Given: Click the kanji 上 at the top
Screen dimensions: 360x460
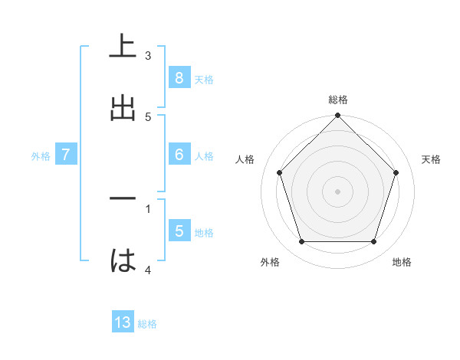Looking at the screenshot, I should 123,46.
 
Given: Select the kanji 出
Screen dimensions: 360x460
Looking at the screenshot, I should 123,108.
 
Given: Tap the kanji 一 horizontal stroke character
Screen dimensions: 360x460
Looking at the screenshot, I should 123,199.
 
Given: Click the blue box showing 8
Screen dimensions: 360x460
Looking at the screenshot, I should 179,78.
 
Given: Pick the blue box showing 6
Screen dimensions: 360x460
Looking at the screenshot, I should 179,155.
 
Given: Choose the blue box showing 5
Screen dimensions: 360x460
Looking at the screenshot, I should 179,231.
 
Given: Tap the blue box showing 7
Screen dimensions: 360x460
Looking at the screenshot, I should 66,155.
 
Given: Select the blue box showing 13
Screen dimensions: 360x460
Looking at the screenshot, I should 123,322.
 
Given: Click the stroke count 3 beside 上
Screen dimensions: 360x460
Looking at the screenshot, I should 148,55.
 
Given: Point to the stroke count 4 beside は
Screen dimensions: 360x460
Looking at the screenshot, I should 148,270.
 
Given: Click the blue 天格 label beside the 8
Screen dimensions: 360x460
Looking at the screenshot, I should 204,80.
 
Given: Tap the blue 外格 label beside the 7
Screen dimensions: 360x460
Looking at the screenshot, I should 41,156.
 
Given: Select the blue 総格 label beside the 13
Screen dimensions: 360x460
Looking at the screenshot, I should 147,324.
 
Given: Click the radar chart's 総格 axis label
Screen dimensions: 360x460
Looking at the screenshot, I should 337,100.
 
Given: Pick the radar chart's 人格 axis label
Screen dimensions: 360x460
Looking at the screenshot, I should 245,159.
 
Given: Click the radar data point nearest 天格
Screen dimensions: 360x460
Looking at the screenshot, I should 396,172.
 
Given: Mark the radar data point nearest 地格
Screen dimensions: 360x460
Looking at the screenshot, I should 373,242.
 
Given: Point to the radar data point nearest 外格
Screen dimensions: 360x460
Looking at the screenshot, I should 301,242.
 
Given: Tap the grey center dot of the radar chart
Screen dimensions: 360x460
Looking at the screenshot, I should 337,191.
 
